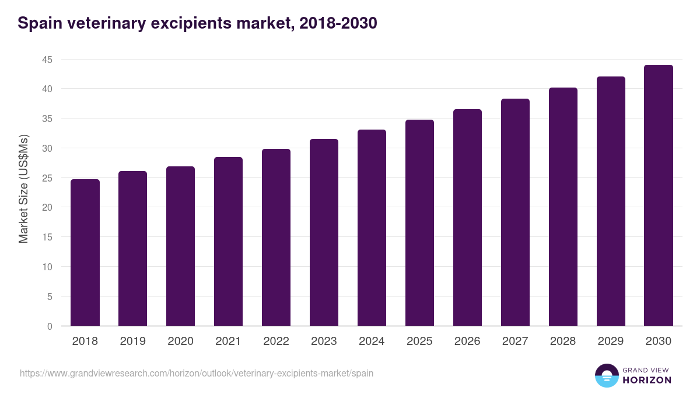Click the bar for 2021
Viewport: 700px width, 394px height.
pos(228,242)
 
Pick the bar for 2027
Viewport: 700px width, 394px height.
pos(515,212)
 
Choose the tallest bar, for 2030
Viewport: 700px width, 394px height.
pos(659,196)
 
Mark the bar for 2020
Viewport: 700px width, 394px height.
pos(180,246)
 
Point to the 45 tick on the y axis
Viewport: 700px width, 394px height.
pos(47,60)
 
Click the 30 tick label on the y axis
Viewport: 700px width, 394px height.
pos(47,148)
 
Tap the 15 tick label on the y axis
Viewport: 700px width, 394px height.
pos(47,238)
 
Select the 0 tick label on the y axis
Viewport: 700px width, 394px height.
pos(50,326)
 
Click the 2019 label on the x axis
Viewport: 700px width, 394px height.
pos(132,341)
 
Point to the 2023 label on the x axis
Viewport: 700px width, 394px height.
pos(324,341)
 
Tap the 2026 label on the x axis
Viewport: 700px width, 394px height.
pos(467,341)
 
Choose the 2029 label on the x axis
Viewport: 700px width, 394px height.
pos(611,341)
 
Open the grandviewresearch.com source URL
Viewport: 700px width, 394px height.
pos(197,373)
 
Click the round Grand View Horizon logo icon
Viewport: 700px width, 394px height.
pos(606,376)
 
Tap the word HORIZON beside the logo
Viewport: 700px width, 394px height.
pos(646,380)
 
